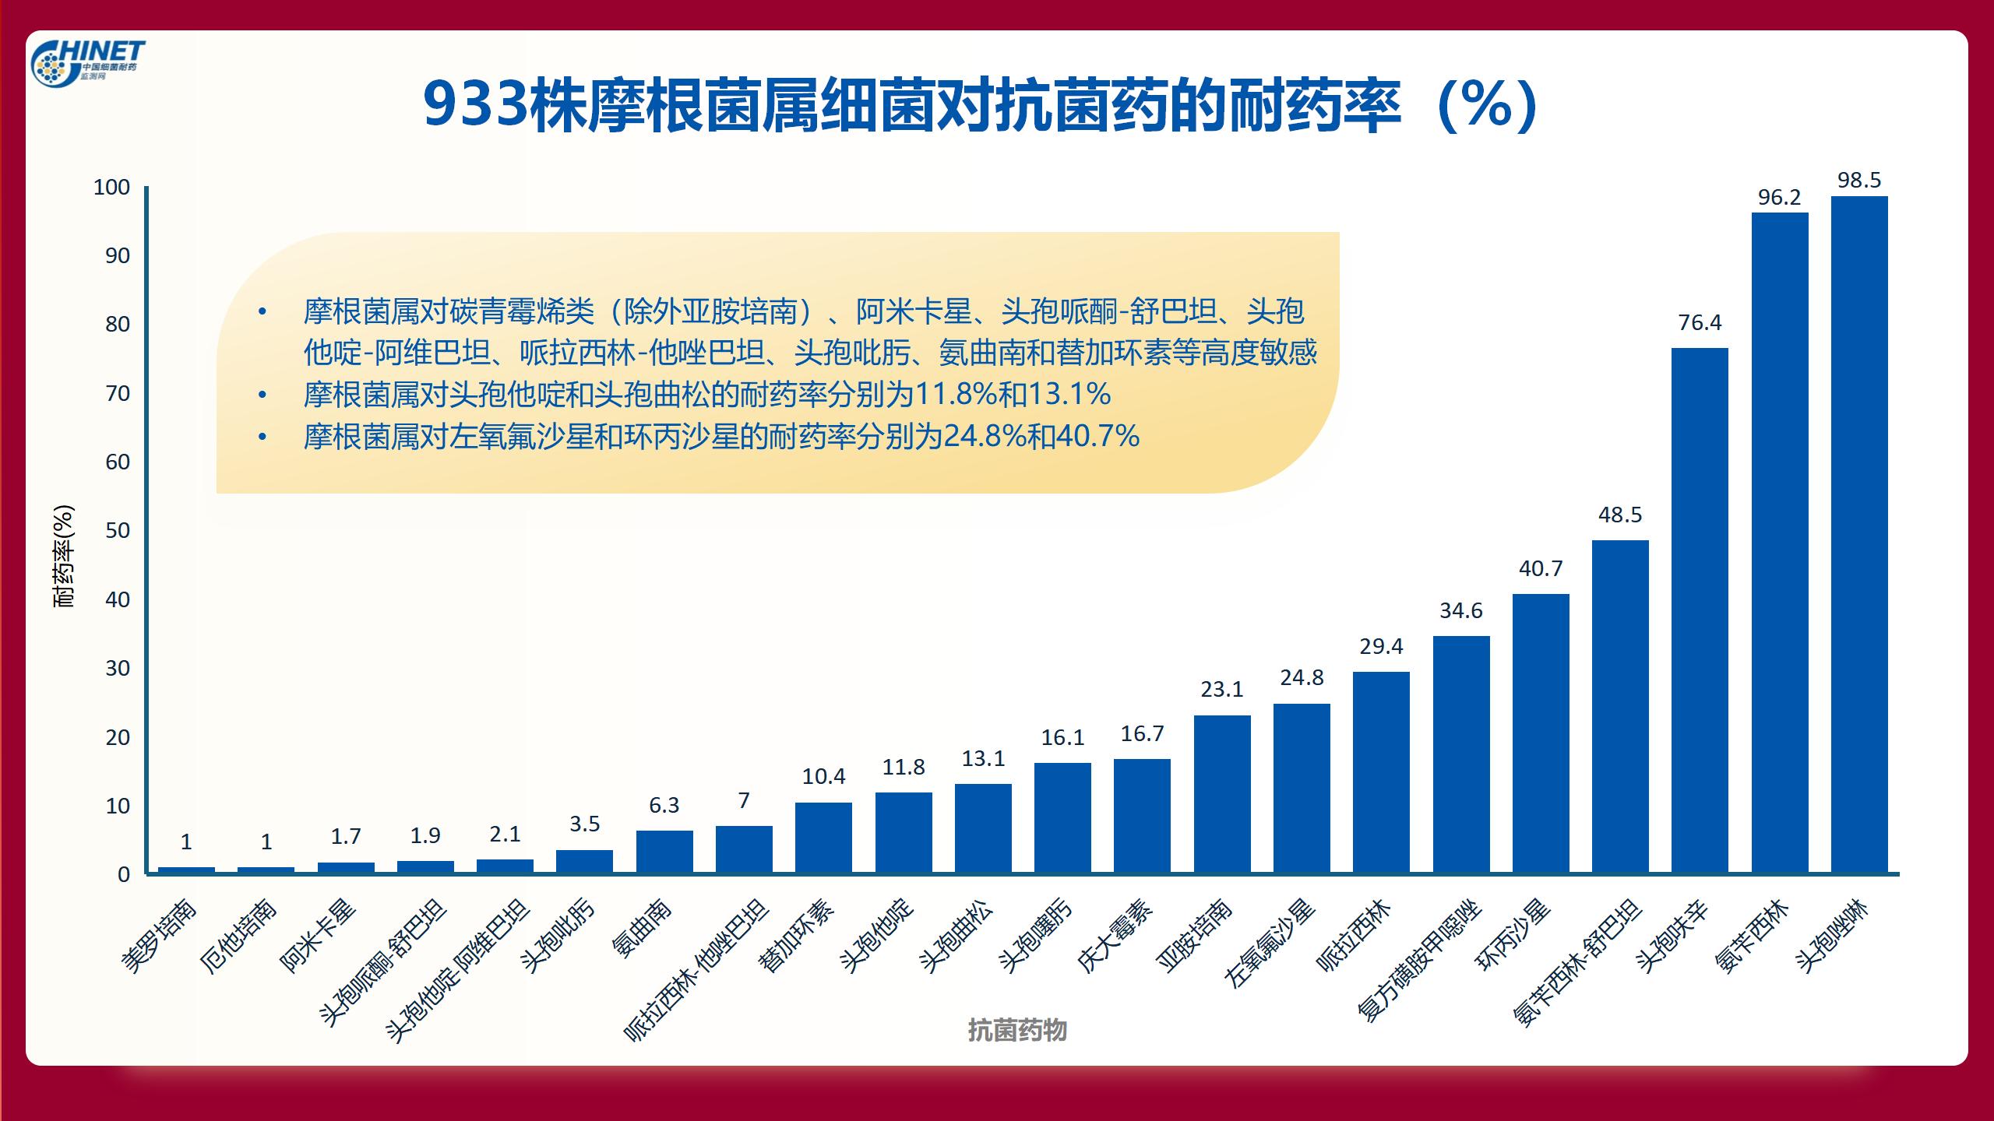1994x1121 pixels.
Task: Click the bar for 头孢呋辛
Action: click(x=1700, y=610)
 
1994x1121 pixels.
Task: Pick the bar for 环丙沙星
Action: click(x=1541, y=733)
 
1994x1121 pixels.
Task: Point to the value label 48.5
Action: click(x=1620, y=515)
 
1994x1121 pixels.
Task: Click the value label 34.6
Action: click(x=1461, y=611)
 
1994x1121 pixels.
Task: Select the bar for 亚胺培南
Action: click(x=1222, y=794)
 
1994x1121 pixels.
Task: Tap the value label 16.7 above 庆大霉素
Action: click(x=1142, y=734)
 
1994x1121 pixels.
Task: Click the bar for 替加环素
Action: click(x=823, y=838)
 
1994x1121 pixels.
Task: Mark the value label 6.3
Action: click(x=664, y=806)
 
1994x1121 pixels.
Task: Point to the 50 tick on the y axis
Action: click(x=118, y=531)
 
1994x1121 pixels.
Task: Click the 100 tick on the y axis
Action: click(x=112, y=188)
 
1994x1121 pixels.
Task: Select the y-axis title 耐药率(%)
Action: click(x=64, y=556)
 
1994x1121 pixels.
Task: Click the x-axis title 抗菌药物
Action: click(x=1017, y=1031)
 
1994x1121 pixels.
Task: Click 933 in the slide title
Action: click(x=477, y=105)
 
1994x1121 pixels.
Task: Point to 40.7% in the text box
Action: click(x=1098, y=437)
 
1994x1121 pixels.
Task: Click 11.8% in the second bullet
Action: click(x=955, y=395)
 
